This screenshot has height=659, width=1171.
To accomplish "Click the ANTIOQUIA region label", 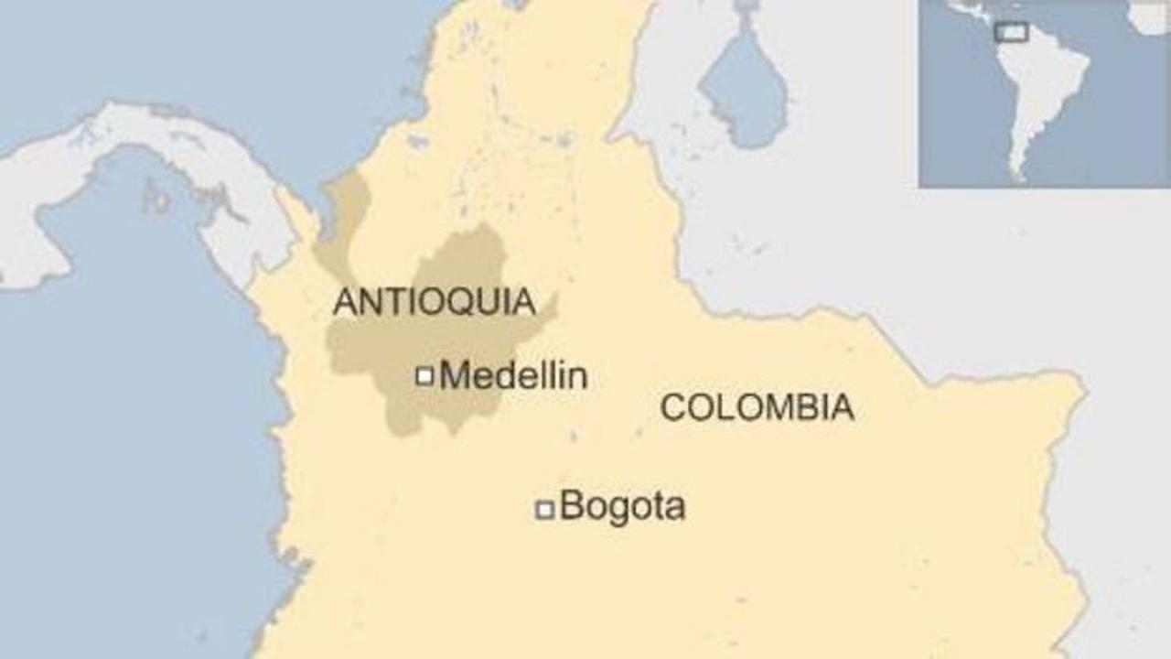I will (x=434, y=302).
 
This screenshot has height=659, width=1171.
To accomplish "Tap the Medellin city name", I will (x=513, y=375).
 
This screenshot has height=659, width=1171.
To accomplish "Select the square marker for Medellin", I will (x=424, y=375).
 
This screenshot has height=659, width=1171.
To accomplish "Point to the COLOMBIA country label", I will (x=757, y=407).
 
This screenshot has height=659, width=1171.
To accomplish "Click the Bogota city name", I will (x=622, y=506).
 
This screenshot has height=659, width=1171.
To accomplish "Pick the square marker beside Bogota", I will (x=544, y=510).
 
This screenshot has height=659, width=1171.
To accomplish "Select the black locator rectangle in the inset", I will (x=1011, y=32).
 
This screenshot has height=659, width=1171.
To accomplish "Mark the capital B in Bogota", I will (x=571, y=506).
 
